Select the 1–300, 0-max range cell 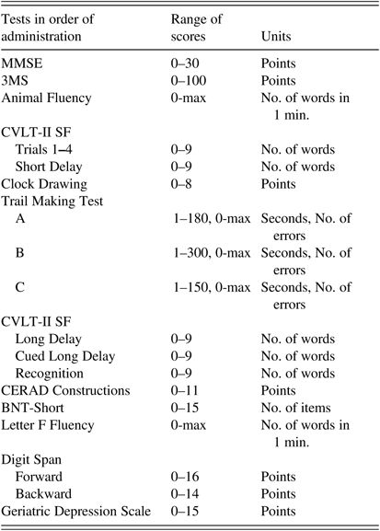pyautogui.click(x=211, y=253)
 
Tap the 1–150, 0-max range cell pyautogui.click(x=211, y=288)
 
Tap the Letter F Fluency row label pyautogui.click(x=51, y=423)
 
